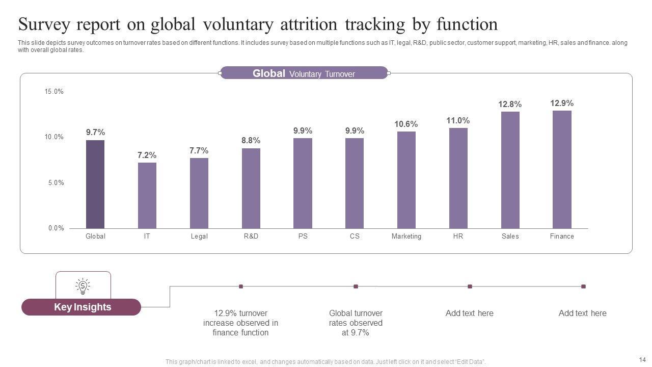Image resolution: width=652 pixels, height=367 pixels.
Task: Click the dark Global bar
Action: (x=95, y=184)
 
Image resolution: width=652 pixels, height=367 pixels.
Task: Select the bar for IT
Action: (x=147, y=195)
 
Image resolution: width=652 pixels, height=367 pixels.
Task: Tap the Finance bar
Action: (x=562, y=169)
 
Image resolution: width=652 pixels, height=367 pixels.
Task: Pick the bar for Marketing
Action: (x=406, y=180)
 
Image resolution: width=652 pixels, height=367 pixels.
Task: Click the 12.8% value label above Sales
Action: (x=510, y=104)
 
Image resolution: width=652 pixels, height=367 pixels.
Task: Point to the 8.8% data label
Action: (x=251, y=141)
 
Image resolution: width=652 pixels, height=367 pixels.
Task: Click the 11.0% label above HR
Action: (x=458, y=121)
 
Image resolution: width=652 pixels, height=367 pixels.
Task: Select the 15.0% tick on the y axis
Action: (x=54, y=92)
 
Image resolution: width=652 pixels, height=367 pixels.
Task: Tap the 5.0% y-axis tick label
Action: (x=56, y=183)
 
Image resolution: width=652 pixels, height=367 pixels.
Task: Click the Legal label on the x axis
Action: (x=199, y=237)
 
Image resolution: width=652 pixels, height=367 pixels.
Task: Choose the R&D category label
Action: (x=251, y=237)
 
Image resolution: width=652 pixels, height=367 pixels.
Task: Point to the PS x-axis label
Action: (x=303, y=237)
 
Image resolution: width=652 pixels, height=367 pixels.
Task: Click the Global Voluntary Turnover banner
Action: (x=304, y=73)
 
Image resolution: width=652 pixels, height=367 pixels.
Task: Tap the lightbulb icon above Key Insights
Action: (x=83, y=286)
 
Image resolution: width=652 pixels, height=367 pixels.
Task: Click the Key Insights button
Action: (x=81, y=307)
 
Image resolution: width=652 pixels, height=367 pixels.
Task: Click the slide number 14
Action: (x=642, y=359)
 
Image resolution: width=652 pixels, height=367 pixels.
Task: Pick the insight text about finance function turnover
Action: (x=240, y=323)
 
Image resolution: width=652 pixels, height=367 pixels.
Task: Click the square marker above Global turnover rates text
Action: (x=356, y=286)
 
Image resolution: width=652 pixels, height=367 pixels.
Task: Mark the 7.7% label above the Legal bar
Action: (x=199, y=151)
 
